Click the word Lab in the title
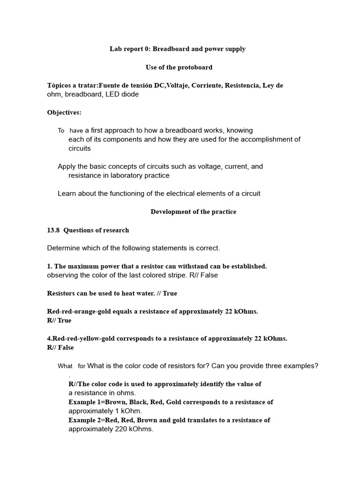[115, 49]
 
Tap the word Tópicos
[60, 85]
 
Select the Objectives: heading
[64, 112]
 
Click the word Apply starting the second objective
[67, 166]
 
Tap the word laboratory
[124, 175]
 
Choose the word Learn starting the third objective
[67, 193]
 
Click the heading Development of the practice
[193, 211]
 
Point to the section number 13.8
[53, 230]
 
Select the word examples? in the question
[303, 366]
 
